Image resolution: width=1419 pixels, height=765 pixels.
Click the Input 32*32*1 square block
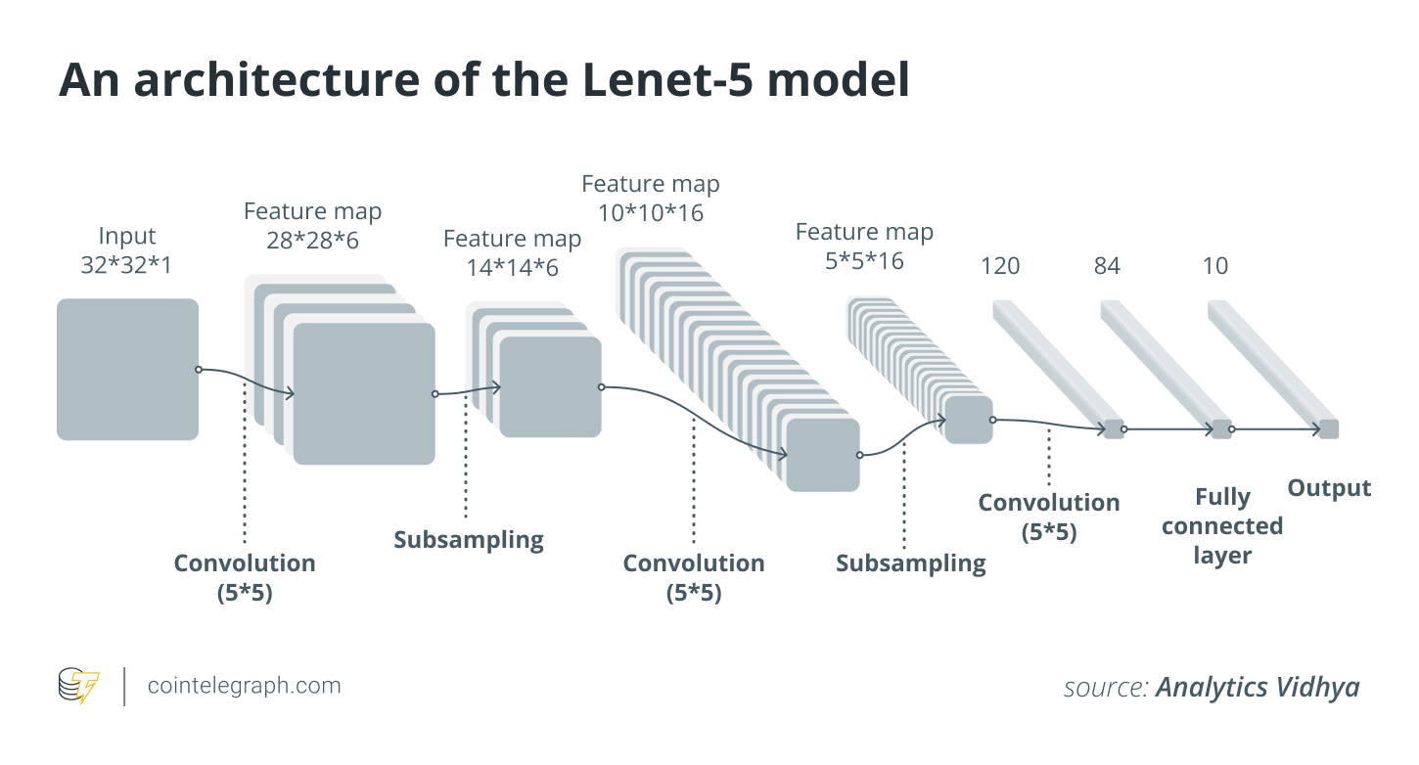coord(127,369)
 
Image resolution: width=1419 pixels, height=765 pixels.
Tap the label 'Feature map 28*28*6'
coord(312,226)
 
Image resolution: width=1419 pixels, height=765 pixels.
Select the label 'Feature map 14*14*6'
coord(512,253)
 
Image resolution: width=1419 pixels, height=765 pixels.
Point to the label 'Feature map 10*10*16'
coord(651,199)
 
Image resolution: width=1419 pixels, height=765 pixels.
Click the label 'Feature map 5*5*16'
coord(864,247)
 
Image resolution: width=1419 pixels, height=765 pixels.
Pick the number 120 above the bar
coord(999,266)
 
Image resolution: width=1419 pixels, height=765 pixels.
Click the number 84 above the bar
coord(1107,266)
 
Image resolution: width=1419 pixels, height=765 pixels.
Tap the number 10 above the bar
coord(1214,266)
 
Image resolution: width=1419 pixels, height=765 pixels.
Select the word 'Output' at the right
coord(1329,489)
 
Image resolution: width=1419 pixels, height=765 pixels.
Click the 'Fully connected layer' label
coord(1222,526)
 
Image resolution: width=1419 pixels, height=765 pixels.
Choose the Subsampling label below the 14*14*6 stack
coord(468,540)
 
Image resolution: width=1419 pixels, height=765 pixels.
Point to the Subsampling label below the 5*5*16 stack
coord(910,563)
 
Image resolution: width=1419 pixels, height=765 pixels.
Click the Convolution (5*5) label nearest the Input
coord(245,577)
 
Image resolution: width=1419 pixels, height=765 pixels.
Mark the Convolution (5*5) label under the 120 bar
coord(1049,517)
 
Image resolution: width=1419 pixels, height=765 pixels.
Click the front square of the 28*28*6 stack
coord(364,393)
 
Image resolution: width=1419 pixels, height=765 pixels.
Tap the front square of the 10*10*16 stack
coord(822,455)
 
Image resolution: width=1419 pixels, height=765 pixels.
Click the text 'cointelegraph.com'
coord(244,686)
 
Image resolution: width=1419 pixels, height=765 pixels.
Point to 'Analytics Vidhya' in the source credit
coord(1258,687)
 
